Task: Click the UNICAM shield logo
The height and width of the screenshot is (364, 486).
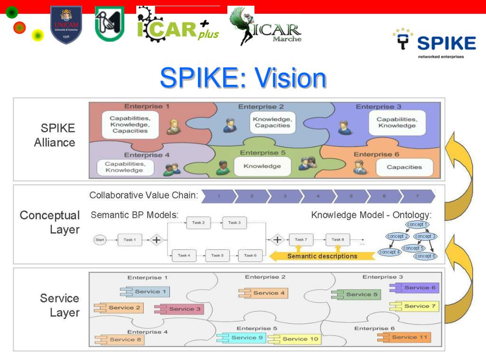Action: tap(66, 25)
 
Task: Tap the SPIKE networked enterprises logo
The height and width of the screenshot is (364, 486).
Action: tap(434, 43)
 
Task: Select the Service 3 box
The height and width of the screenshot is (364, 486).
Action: tap(178, 309)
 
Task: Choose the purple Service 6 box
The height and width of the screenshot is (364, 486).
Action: tap(413, 288)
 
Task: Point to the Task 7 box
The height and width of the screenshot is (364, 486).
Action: tap(301, 240)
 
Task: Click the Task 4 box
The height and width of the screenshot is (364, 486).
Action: tap(184, 255)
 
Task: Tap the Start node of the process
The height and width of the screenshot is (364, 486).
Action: tap(100, 240)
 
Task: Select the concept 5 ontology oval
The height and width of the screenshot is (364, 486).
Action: tap(413, 248)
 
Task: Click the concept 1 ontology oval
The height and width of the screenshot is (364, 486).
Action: tap(417, 224)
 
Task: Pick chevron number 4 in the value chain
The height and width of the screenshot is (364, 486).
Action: tap(318, 196)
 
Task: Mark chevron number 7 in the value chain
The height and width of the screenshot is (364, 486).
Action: tap(417, 196)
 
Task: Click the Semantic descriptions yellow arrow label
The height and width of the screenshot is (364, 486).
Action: tap(322, 256)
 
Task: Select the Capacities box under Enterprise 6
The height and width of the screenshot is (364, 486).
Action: tap(404, 167)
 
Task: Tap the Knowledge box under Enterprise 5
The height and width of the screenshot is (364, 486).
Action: tap(262, 166)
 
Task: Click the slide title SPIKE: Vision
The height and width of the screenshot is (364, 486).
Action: tap(243, 78)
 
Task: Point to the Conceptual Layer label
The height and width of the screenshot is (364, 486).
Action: tap(50, 222)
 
